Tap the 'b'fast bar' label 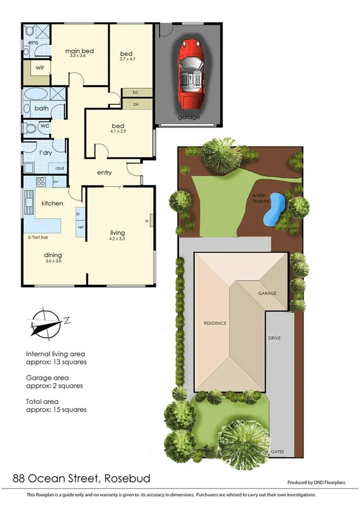38,237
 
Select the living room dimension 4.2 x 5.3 117,239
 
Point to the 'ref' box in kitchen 80,226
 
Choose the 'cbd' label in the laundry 60,168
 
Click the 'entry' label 105,173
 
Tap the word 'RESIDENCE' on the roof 215,323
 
